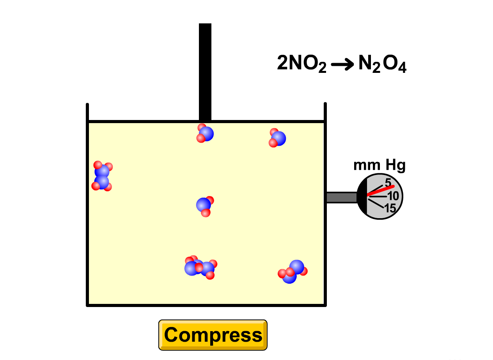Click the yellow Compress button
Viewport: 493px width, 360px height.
pyautogui.click(x=213, y=335)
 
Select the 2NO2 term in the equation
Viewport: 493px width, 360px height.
pyautogui.click(x=301, y=64)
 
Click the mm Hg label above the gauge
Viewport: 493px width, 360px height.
pyautogui.click(x=379, y=166)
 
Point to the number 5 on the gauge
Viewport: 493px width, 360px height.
pyautogui.click(x=388, y=182)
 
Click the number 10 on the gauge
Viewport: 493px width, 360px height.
pyautogui.click(x=393, y=196)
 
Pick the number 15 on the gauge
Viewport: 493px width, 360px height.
pyautogui.click(x=390, y=208)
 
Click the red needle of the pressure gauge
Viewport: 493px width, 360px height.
pyautogui.click(x=381, y=191)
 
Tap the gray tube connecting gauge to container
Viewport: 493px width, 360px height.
pyautogui.click(x=341, y=198)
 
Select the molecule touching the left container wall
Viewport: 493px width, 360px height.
pyautogui.click(x=102, y=176)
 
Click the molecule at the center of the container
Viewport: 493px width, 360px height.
pyautogui.click(x=204, y=206)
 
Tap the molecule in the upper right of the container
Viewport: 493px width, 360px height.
pyautogui.click(x=277, y=138)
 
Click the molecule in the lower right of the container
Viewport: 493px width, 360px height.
pyautogui.click(x=293, y=271)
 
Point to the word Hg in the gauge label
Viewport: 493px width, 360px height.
pyautogui.click(x=395, y=166)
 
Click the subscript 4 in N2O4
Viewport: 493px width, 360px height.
pyautogui.click(x=402, y=69)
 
